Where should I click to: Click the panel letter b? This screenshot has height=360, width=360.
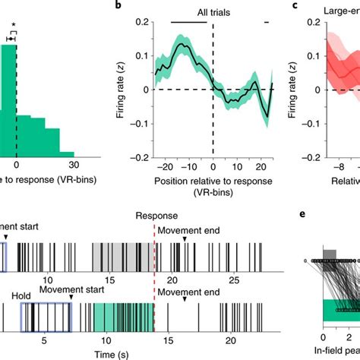pos(119,8)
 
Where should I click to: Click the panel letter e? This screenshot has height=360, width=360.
pos(302,236)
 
